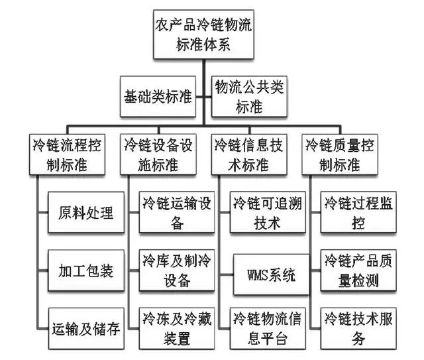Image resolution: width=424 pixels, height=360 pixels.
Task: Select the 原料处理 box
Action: coord(86,213)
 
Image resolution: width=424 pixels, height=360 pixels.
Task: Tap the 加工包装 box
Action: coord(86,271)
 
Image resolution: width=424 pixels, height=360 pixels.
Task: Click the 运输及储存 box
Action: coord(86,328)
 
